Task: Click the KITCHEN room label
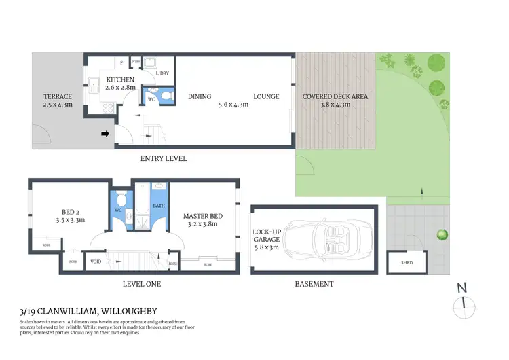coord(121,79)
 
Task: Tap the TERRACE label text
coord(57,96)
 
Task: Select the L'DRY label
coord(162,73)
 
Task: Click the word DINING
coord(200,96)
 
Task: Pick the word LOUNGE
coord(266,96)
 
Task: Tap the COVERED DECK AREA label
coord(335,96)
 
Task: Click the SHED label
coord(407,262)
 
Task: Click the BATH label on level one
coord(159,205)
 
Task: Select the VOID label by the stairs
coord(96,260)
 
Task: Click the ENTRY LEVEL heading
coord(163,158)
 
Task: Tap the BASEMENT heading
coord(313,284)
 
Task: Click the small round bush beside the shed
coord(442,234)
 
